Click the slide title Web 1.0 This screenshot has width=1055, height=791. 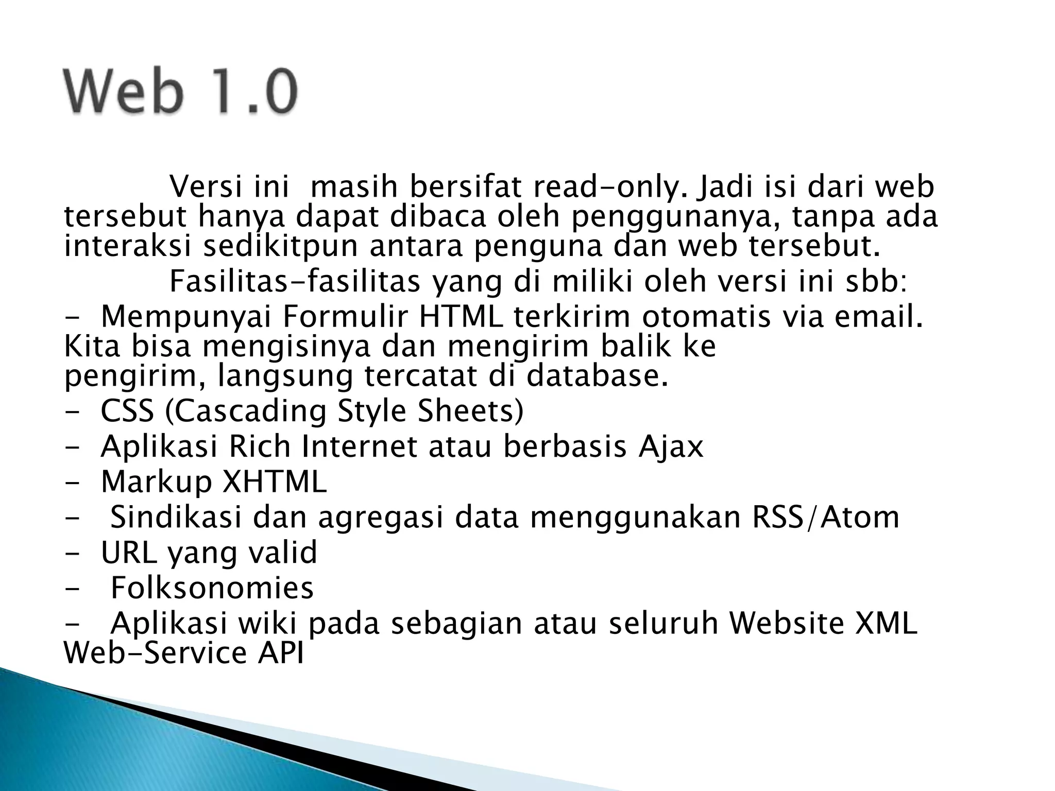point(180,92)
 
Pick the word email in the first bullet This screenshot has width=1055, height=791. point(877,317)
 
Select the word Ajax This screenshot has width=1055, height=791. point(671,446)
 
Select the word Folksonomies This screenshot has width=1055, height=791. point(212,588)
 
